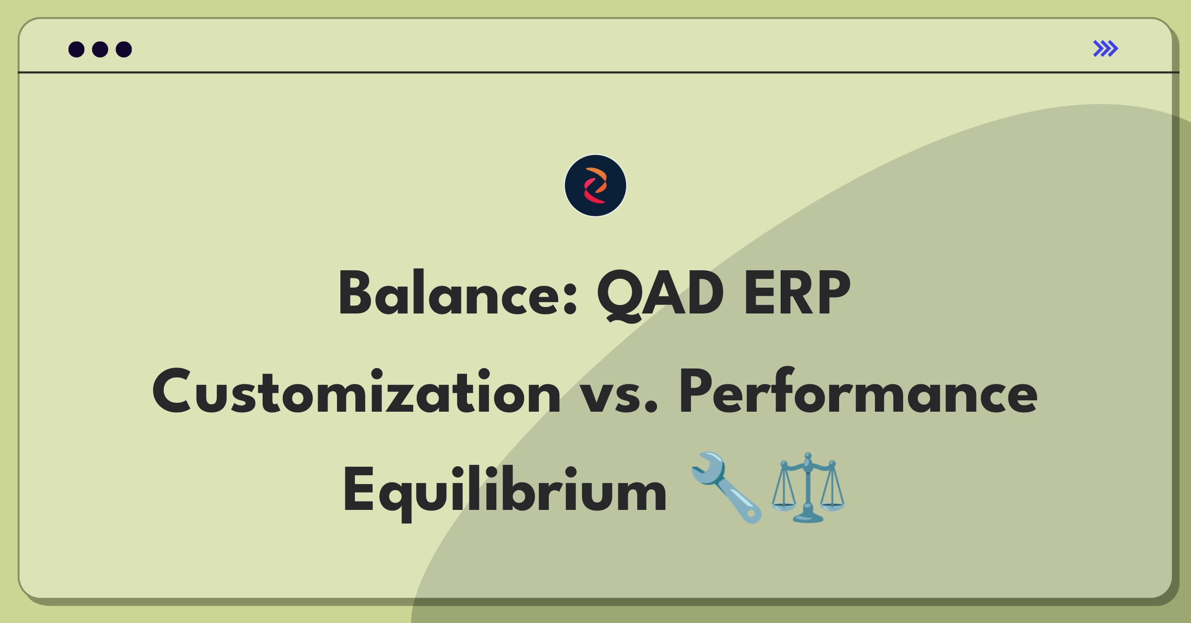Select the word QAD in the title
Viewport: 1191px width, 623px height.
coord(660,294)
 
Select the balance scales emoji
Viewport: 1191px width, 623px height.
coord(808,488)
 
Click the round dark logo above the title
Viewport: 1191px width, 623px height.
coord(595,186)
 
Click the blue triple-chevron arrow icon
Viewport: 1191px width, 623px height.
coord(1105,49)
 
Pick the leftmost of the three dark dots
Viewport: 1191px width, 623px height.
coord(76,50)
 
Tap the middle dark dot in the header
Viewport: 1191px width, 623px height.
coord(100,50)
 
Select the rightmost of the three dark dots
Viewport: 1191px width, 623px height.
coord(124,50)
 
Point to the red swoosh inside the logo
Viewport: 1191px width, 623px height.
coord(592,194)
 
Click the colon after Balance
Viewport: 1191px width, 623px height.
coord(571,302)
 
